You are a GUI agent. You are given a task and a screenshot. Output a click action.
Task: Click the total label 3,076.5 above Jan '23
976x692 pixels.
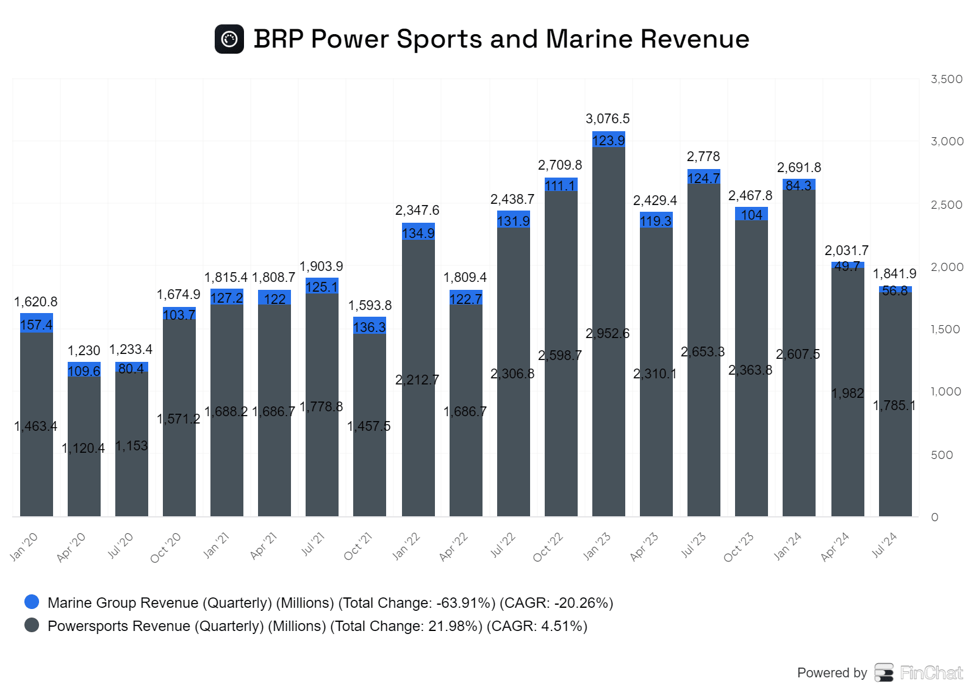pyautogui.click(x=608, y=119)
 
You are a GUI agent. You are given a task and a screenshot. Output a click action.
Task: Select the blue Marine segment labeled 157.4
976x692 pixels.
pyautogui.click(x=37, y=323)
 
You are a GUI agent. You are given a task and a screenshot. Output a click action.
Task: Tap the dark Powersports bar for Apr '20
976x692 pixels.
pyautogui.click(x=84, y=445)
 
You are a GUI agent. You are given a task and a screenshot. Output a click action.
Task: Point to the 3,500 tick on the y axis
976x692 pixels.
pyautogui.click(x=947, y=79)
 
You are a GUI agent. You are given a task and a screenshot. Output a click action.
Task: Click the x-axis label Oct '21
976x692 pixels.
pyautogui.click(x=358, y=546)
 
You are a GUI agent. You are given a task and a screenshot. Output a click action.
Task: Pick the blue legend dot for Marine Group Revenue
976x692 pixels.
pyautogui.click(x=32, y=602)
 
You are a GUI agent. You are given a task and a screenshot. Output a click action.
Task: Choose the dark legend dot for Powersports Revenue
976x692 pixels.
pyautogui.click(x=32, y=625)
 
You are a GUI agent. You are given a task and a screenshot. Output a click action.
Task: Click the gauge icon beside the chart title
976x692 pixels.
pyautogui.click(x=229, y=39)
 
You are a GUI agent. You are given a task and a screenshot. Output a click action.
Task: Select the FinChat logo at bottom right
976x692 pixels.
pyautogui.click(x=919, y=672)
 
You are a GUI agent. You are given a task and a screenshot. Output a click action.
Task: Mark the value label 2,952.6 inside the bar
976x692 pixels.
pyautogui.click(x=608, y=334)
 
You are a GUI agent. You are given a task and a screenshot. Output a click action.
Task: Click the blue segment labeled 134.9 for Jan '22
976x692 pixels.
pyautogui.click(x=418, y=232)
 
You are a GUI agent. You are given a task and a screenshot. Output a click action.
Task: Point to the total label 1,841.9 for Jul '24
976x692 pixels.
pyautogui.click(x=895, y=274)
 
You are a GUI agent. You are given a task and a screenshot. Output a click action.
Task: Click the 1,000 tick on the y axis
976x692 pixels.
pyautogui.click(x=946, y=392)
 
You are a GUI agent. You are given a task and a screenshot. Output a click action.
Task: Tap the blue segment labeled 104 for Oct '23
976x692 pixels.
pyautogui.click(x=752, y=214)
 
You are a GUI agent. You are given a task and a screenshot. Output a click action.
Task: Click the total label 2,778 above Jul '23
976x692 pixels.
pyautogui.click(x=703, y=157)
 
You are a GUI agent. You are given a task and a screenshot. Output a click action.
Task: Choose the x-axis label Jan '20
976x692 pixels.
pyautogui.click(x=24, y=546)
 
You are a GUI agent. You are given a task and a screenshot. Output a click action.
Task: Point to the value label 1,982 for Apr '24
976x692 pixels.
pyautogui.click(x=848, y=394)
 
